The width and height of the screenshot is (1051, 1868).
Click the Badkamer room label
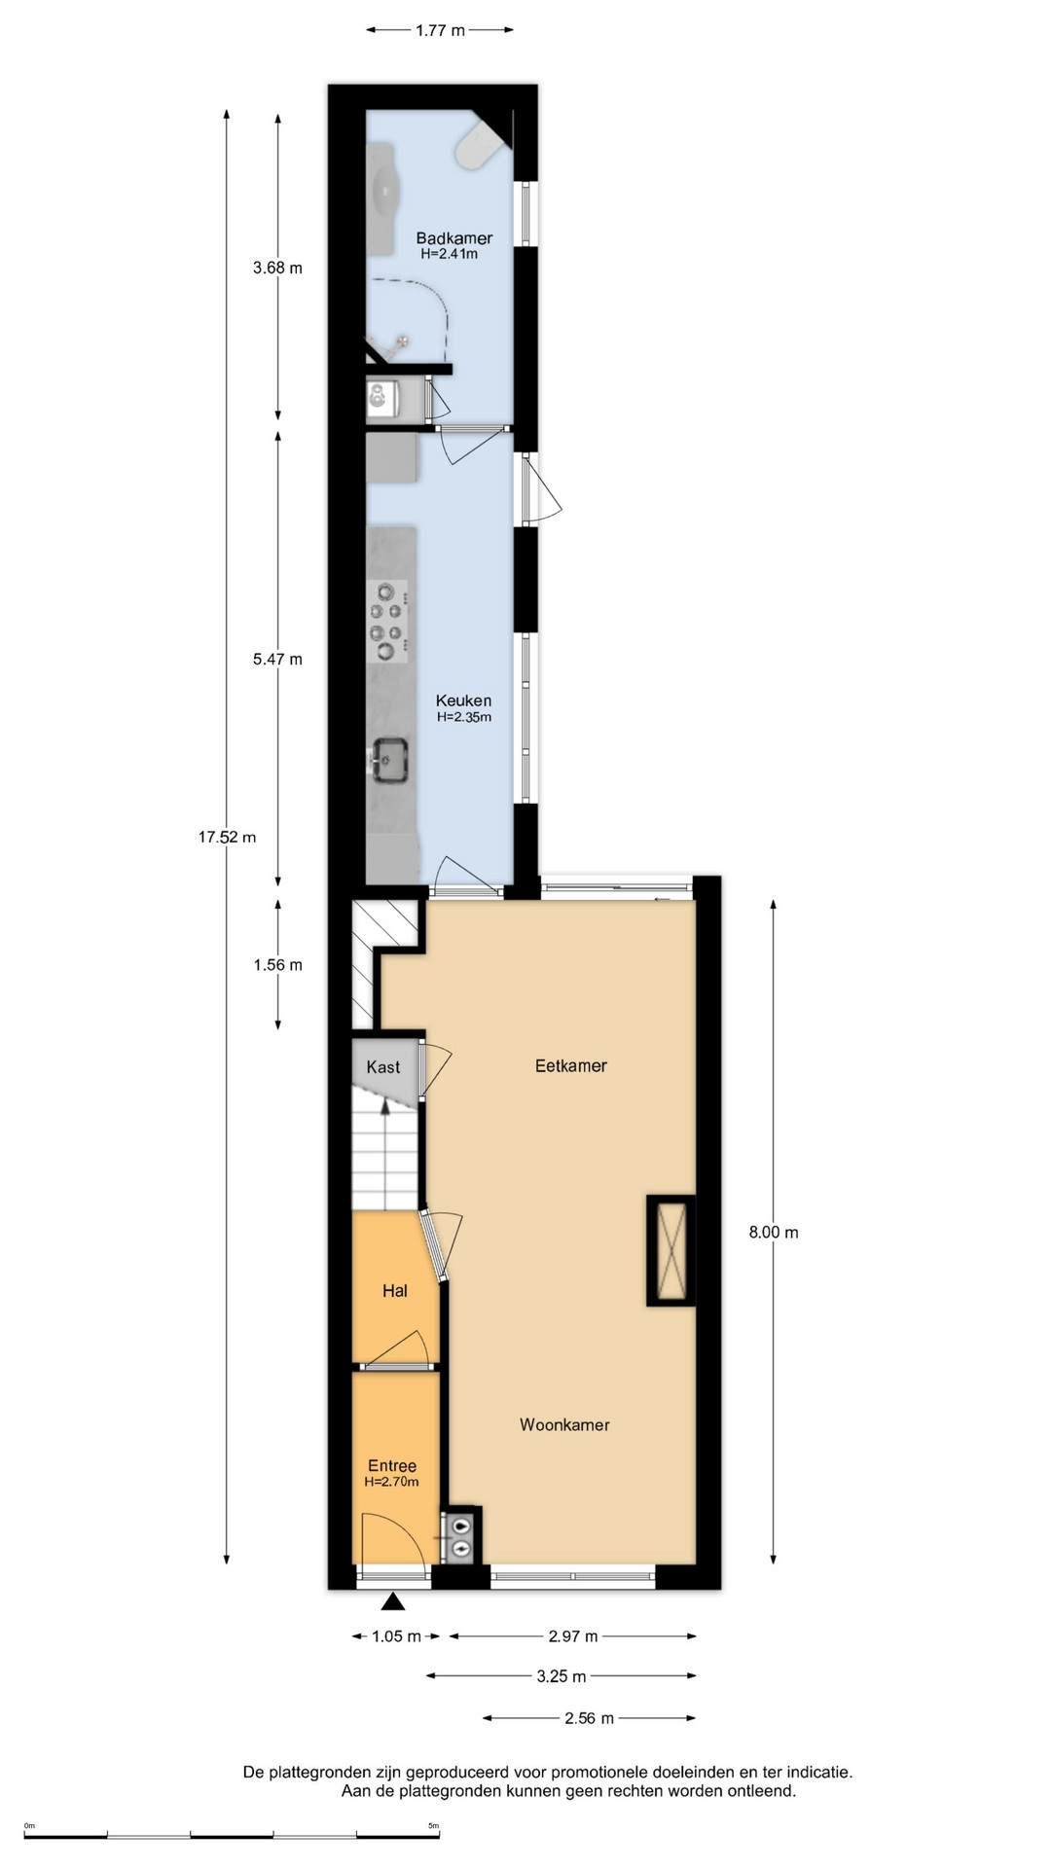(x=453, y=237)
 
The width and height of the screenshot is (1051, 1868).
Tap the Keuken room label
(x=463, y=700)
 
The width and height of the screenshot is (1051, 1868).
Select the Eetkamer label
(x=571, y=1065)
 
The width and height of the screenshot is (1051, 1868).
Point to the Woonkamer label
(x=564, y=1424)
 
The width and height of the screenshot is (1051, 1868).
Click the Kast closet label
(x=383, y=1067)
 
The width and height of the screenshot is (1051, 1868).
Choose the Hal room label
(x=395, y=1291)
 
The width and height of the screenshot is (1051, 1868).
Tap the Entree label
(x=392, y=1466)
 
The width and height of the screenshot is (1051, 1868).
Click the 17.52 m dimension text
(x=227, y=837)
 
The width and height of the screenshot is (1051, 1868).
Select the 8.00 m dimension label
(x=774, y=1232)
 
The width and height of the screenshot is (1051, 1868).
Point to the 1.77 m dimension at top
(x=440, y=30)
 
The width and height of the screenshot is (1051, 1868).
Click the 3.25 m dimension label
(x=562, y=1676)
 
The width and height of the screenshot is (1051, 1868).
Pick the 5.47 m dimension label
(x=277, y=659)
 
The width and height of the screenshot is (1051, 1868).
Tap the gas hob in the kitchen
(x=388, y=621)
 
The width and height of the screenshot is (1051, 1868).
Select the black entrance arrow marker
(x=393, y=1602)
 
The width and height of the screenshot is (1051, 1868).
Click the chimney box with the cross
(x=670, y=1250)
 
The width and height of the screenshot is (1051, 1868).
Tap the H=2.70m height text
(x=391, y=1482)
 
